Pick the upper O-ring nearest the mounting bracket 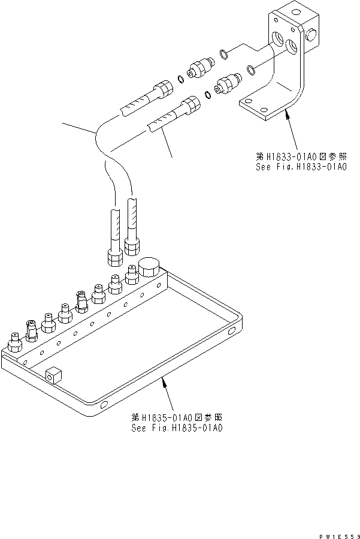pyautogui.click(x=223, y=55)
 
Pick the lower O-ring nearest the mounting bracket pyautogui.click(x=252, y=72)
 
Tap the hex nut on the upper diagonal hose pyautogui.click(x=163, y=91)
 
